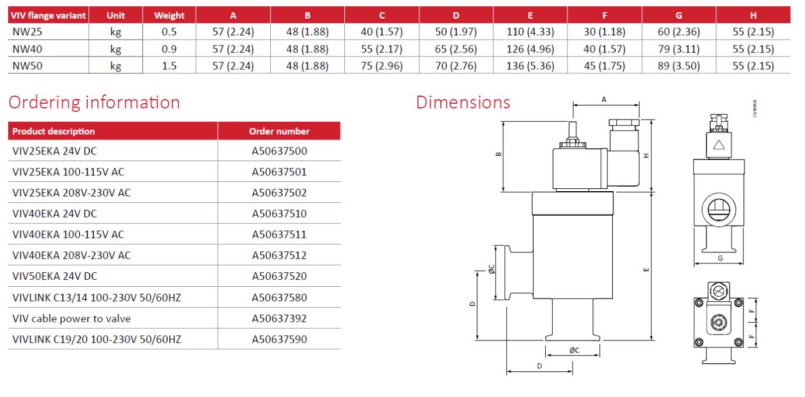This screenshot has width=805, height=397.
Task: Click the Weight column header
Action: [169, 16]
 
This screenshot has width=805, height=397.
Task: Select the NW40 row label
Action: [27, 49]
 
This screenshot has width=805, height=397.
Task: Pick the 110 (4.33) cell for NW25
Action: [530, 32]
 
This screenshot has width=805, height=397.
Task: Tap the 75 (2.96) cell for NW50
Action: [382, 66]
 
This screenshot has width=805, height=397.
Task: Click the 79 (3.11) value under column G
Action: [679, 49]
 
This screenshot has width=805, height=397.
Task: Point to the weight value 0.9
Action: [169, 49]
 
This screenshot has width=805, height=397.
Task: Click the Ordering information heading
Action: [94, 103]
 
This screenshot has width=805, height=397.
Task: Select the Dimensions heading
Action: [463, 103]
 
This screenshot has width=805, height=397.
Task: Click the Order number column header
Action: [279, 131]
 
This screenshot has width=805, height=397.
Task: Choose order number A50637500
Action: [279, 151]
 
